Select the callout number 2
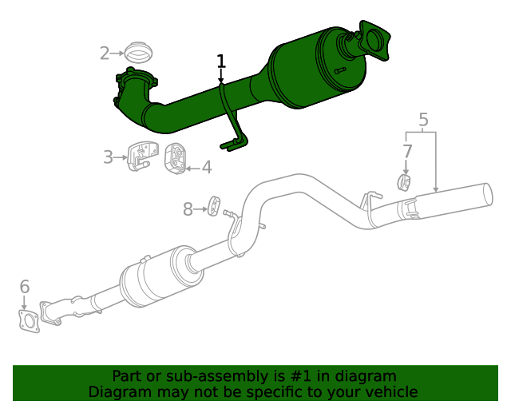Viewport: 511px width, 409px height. (105, 54)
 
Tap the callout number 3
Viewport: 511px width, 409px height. (108, 157)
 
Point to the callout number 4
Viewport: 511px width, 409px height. (206, 167)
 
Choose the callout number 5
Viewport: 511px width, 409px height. (423, 121)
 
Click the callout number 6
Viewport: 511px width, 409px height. (24, 286)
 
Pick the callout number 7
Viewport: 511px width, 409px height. (407, 151)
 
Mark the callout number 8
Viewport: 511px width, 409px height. (188, 209)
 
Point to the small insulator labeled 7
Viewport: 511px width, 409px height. (405, 184)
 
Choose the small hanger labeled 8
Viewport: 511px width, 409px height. (214, 205)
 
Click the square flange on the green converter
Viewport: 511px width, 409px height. (374, 40)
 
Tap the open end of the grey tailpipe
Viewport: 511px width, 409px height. (487, 197)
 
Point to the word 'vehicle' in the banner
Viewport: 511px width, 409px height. (390, 391)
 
